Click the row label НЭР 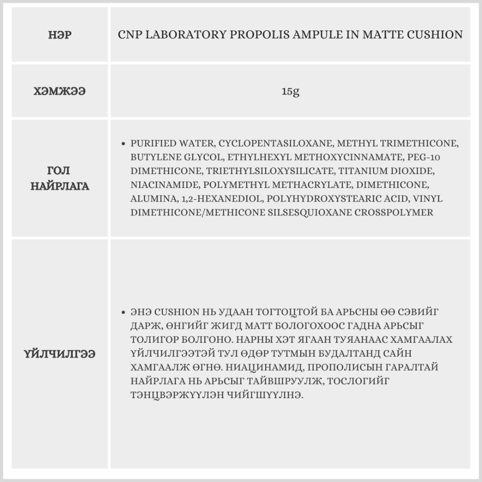click(x=60, y=35)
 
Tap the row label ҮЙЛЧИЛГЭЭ click(x=60, y=354)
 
